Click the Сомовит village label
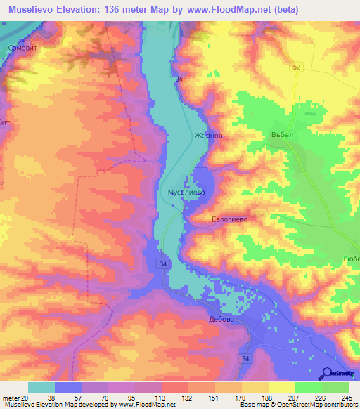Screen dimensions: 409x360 point(20,48)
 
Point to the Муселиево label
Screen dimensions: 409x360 point(186,191)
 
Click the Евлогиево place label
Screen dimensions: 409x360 point(230,219)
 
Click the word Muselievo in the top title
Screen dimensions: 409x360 point(32,10)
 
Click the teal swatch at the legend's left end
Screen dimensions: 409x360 point(41,388)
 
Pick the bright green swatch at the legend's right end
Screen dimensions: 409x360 point(335,388)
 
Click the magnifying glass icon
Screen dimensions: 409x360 point(328,372)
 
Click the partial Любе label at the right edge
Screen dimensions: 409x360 point(351,258)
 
